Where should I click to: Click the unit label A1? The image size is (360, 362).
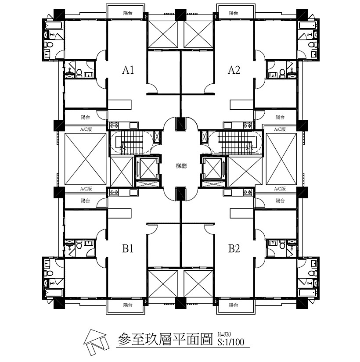128,70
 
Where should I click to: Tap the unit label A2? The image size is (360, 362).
234,70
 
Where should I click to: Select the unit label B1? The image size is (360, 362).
128,249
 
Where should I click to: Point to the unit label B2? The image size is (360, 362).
234,249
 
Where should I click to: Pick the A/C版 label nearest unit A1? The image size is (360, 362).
86,130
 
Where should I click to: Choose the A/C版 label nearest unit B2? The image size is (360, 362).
280,189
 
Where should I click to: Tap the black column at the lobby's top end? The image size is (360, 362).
180,123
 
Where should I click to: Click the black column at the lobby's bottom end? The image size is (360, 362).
180,193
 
